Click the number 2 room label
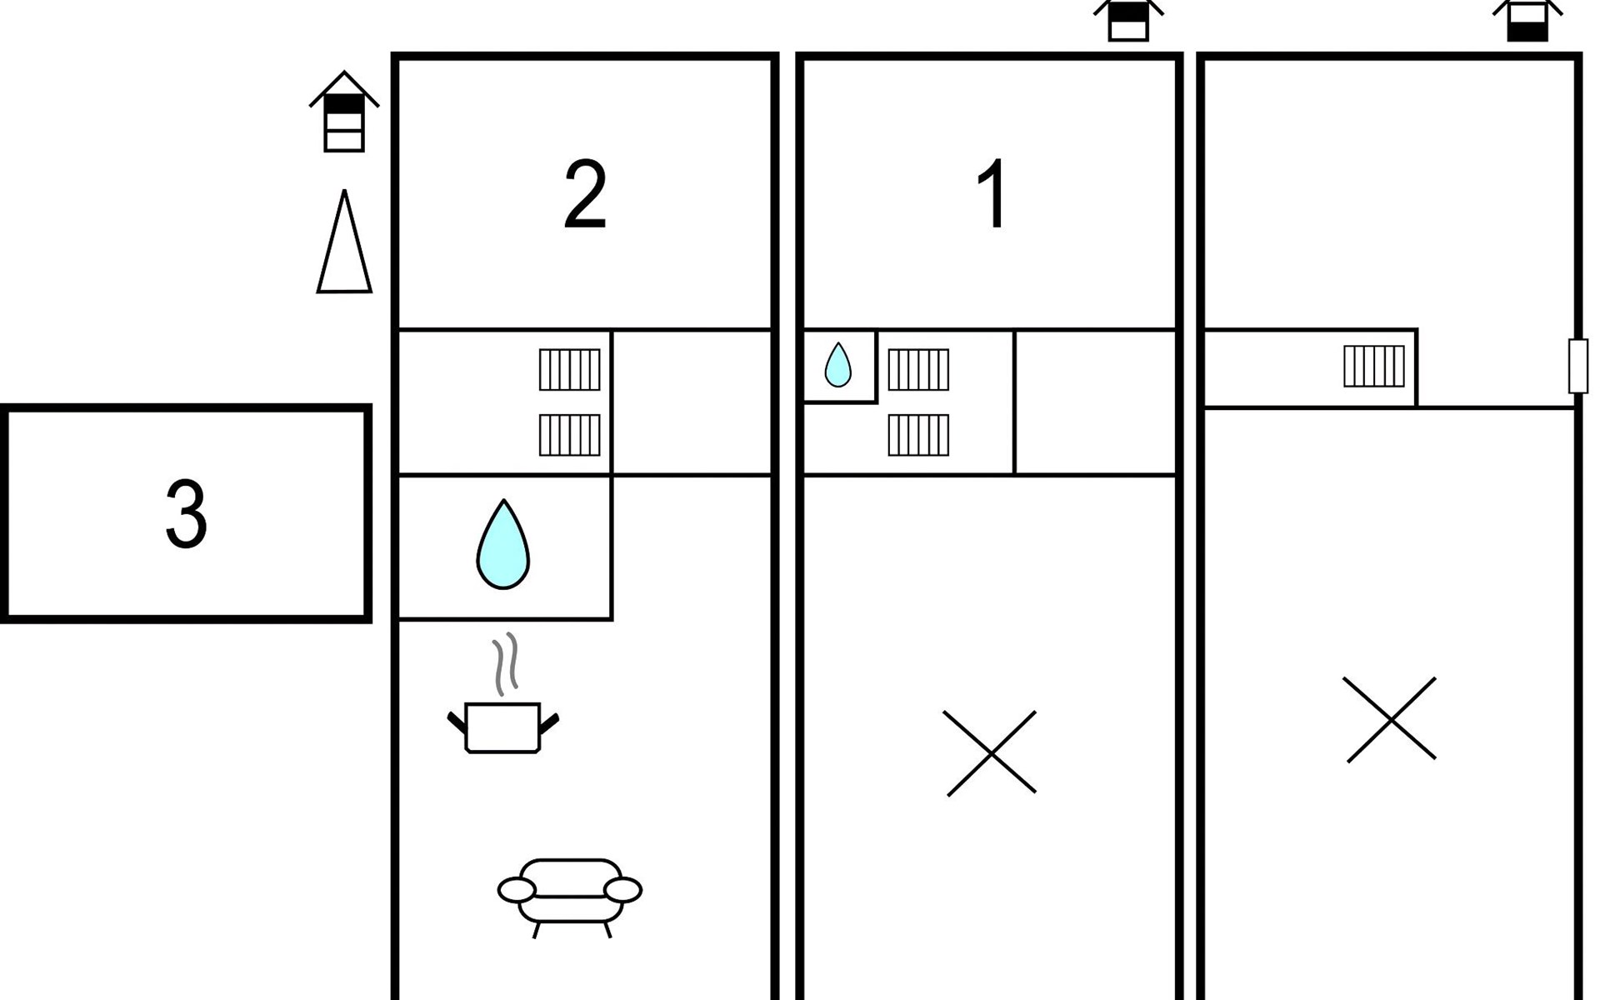[x=585, y=195]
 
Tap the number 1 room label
[x=993, y=195]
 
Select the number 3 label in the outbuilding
[x=186, y=514]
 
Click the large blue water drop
[x=502, y=545]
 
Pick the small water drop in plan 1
[x=837, y=366]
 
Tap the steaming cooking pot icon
[x=502, y=727]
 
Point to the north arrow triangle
[x=344, y=242]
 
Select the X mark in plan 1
[x=991, y=753]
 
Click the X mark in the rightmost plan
[x=1391, y=719]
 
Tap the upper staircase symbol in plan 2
[x=570, y=369]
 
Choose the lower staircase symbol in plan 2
[x=570, y=435]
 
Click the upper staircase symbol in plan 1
[x=918, y=369]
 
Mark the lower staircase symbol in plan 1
[x=918, y=435]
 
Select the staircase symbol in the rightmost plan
[x=1374, y=366]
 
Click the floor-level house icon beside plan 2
[x=344, y=112]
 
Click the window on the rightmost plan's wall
[x=1577, y=366]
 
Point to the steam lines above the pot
[x=505, y=664]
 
